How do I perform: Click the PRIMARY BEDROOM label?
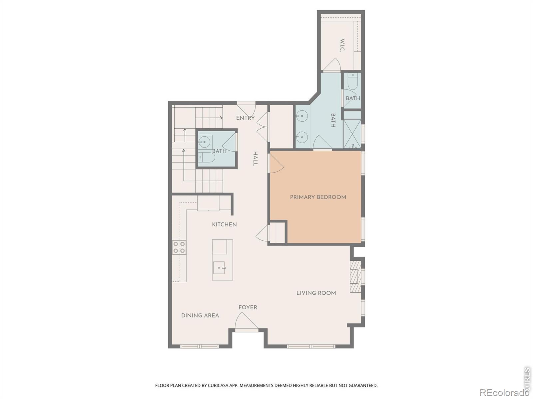[x=318, y=197]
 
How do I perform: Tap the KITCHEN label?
[x=225, y=224]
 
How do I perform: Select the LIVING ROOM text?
[x=316, y=293]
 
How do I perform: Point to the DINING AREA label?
[x=200, y=316]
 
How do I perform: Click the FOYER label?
[x=248, y=308]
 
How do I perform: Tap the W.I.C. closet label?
[x=342, y=45]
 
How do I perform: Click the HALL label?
[x=255, y=159]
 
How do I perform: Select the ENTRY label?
[x=246, y=118]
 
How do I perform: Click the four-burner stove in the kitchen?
[x=179, y=247]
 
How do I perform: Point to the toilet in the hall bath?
[x=207, y=158]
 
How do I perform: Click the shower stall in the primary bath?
[x=352, y=134]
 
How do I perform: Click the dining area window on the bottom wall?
[x=199, y=347]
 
